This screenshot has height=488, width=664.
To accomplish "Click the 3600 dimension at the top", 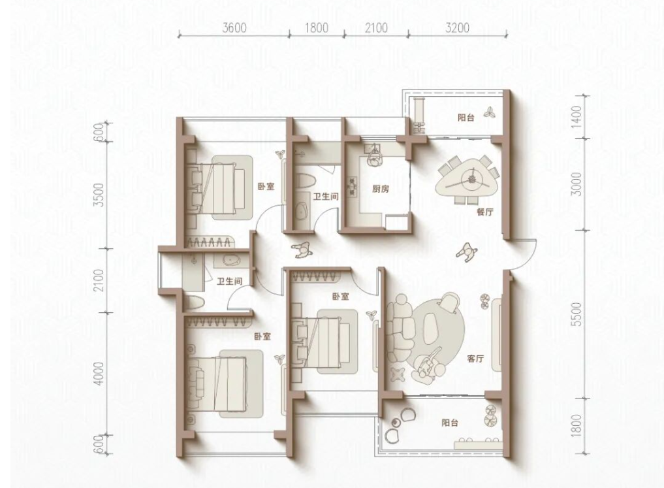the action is tap(234, 28).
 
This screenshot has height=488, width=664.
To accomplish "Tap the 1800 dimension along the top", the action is tap(317, 28).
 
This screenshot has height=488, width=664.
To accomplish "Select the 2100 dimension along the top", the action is tap(376, 28).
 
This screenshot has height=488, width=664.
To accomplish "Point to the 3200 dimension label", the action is tap(458, 28).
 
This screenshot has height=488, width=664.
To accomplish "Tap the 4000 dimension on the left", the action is tap(99, 374).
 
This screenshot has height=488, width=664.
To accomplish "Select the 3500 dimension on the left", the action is tap(99, 195).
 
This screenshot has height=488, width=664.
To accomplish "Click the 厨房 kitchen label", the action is tap(381, 189).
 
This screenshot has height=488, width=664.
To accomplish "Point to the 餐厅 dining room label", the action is tap(485, 212).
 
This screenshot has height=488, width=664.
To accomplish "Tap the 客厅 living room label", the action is tap(475, 359).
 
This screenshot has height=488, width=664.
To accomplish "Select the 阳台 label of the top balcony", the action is tap(466, 118).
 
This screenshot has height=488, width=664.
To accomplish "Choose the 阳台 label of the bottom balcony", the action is tap(450, 423).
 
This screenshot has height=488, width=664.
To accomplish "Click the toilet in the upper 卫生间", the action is tap(305, 182).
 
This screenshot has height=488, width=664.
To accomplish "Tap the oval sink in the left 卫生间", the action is tap(232, 260).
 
